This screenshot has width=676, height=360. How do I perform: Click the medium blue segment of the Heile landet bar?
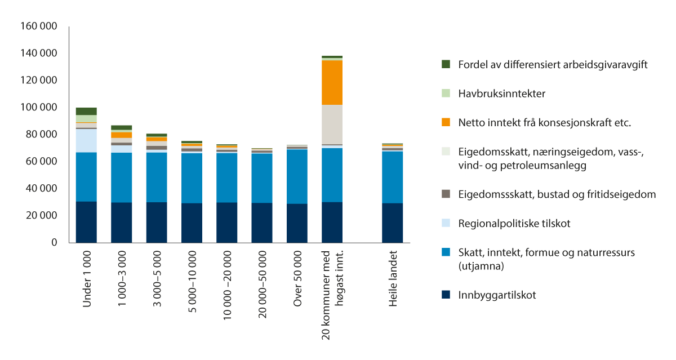tap(393, 177)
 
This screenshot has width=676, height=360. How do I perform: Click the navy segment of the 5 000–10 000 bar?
tap(192, 223)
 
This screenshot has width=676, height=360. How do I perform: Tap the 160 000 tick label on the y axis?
tap(38, 26)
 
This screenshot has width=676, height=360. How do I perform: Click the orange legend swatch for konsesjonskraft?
tap(446, 122)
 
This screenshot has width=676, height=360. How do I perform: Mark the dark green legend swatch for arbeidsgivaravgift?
tap(446, 64)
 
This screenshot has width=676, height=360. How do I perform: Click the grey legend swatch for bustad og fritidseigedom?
tap(446, 194)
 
